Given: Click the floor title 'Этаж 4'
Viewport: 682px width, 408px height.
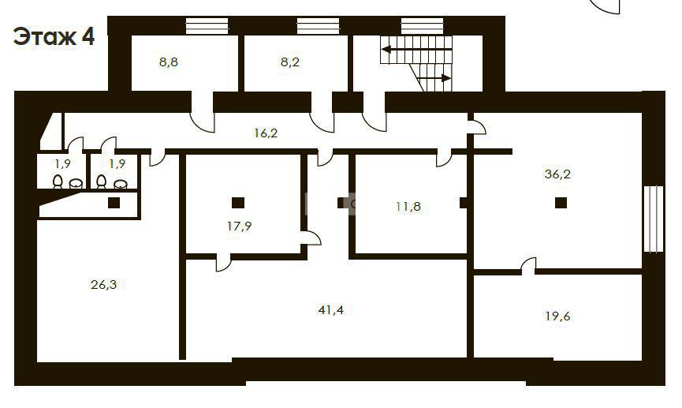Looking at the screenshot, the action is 54,36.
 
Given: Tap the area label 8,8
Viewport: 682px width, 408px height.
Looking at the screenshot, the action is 168,62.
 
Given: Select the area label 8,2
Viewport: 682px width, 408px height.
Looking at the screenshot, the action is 289,62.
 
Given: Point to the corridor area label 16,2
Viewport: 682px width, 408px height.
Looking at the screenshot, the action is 266,133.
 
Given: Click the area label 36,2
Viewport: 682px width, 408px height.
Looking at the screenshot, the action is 557,174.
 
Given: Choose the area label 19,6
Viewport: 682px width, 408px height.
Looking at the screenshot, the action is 557,316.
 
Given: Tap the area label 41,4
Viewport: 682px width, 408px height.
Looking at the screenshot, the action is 331,310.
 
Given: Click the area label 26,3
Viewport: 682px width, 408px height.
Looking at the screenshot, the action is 103,285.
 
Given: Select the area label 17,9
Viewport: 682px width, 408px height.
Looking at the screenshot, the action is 239,226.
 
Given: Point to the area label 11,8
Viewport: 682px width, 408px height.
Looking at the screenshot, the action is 408,207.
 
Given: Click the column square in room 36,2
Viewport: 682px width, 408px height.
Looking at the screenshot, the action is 561,203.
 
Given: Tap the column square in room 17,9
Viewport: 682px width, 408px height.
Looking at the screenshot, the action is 238,203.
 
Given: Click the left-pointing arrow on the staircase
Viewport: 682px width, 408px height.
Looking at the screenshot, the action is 416,50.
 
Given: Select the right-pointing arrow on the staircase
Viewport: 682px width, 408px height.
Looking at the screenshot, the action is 434,78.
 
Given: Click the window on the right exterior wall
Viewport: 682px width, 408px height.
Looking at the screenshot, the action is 654,219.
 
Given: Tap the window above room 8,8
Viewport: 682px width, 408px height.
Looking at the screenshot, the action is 207,26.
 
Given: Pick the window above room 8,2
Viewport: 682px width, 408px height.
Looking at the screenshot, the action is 318,26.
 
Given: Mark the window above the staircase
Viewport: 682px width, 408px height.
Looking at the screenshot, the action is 422,26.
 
